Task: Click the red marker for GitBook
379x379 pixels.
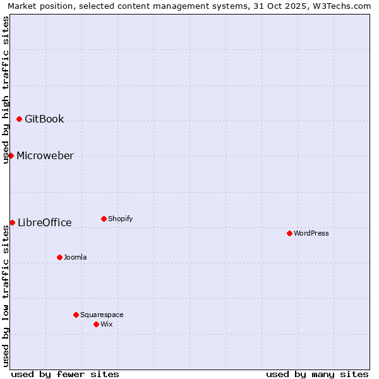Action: tap(20, 119)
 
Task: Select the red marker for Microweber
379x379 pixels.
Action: tap(11, 155)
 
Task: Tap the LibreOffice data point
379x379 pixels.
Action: tap(13, 222)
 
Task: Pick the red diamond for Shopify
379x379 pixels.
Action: tap(104, 219)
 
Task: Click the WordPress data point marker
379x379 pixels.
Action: tap(289, 233)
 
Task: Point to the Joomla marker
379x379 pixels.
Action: tap(59, 257)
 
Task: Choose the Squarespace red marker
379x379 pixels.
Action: tap(76, 315)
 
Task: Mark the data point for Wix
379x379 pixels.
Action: tap(96, 324)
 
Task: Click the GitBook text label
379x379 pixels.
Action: tap(44, 119)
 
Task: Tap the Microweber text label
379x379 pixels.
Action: tap(45, 155)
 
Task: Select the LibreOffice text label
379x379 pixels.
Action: tap(45, 222)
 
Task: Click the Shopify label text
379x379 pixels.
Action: tap(120, 219)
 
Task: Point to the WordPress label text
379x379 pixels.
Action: tap(311, 233)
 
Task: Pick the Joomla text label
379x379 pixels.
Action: tap(75, 257)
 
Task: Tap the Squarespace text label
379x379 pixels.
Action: tap(102, 315)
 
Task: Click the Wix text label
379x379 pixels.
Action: tap(106, 324)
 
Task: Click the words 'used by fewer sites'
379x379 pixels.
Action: tap(65, 374)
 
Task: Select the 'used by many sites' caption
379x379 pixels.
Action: tap(317, 374)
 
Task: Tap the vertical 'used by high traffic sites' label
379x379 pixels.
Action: tap(6, 90)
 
